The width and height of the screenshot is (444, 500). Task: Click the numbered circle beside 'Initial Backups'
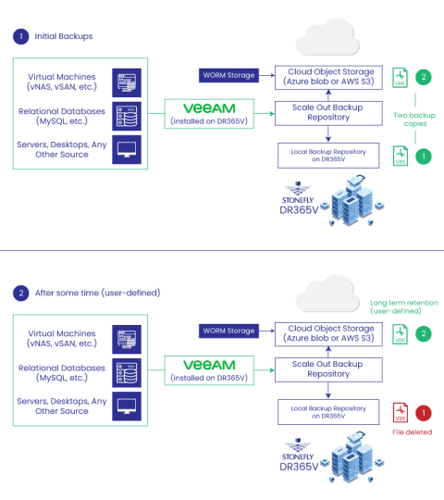[x=19, y=37]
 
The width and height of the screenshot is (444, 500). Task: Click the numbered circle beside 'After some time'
[x=19, y=293]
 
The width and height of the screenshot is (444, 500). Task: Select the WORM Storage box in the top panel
[x=228, y=74]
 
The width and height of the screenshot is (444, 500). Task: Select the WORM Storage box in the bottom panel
[x=228, y=331]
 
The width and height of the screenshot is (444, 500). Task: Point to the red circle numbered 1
[x=424, y=412]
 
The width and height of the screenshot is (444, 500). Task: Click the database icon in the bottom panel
[x=127, y=371]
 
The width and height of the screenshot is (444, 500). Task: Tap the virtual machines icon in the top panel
[x=127, y=81]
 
